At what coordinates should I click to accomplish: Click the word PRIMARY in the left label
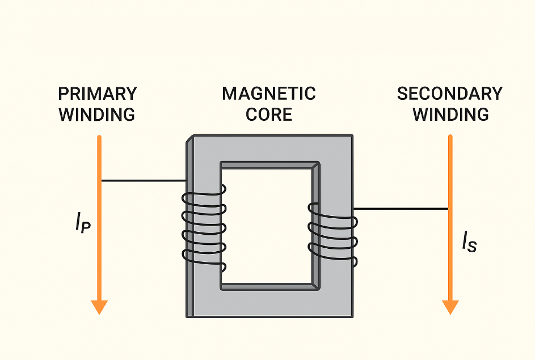(x=98, y=94)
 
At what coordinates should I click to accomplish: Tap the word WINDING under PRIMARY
(x=98, y=114)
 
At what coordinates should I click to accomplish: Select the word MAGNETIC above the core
(x=269, y=94)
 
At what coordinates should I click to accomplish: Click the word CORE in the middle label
(x=269, y=114)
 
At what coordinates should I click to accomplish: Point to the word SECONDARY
(x=450, y=94)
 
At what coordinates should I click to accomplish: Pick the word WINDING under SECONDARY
(x=450, y=114)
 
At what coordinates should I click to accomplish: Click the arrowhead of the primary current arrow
(x=99, y=307)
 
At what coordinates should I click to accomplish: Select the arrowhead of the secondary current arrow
(x=450, y=307)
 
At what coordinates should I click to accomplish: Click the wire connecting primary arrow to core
(x=143, y=181)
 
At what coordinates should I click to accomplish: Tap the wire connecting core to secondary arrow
(x=401, y=209)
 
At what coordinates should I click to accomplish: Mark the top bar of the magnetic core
(x=269, y=149)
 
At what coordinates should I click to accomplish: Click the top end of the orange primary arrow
(x=99, y=137)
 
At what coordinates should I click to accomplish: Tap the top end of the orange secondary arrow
(x=450, y=137)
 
